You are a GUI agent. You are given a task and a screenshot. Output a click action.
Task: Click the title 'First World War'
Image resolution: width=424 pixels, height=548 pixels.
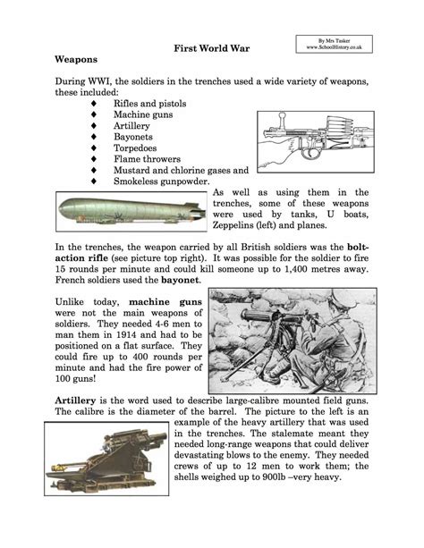211,46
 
